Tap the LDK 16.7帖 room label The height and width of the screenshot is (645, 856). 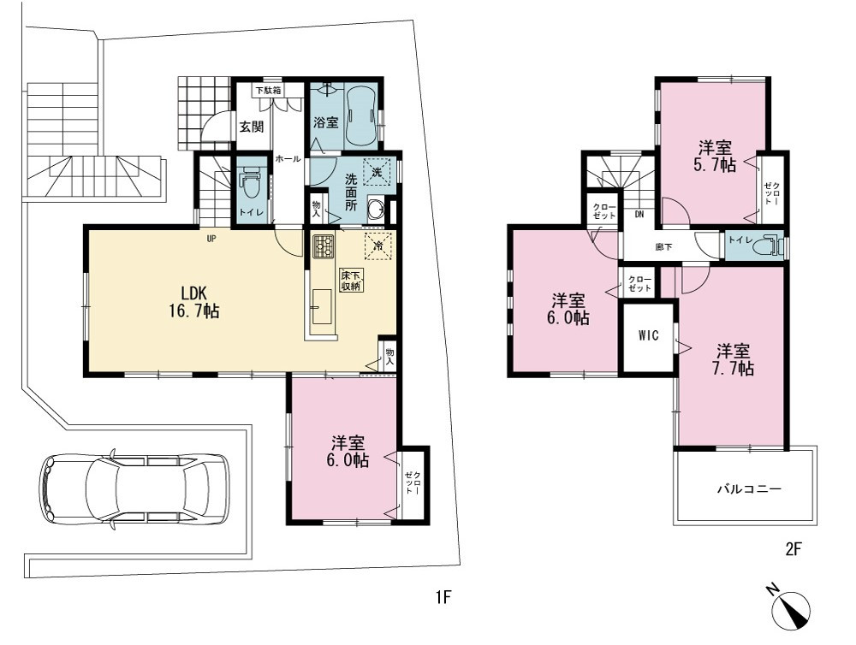click(193, 302)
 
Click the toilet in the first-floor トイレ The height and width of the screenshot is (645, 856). click(251, 180)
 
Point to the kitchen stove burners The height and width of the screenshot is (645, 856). click(324, 246)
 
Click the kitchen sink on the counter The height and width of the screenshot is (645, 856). click(322, 306)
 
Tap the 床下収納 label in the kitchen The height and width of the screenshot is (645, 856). click(351, 280)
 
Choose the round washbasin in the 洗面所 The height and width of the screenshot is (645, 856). click(376, 209)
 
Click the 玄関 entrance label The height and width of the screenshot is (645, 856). click(252, 127)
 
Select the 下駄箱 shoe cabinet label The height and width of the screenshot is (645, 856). click(269, 91)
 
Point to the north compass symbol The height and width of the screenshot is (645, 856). click(789, 605)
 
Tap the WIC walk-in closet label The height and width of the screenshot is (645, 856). click(648, 335)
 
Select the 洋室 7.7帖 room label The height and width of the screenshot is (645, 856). click(734, 359)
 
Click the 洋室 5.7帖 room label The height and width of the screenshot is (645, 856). click(715, 156)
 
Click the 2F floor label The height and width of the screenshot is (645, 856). click(794, 549)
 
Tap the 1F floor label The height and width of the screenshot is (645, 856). click(443, 598)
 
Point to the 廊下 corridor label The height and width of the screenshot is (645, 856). click(664, 246)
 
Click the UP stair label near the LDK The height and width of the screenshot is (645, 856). click(211, 239)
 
